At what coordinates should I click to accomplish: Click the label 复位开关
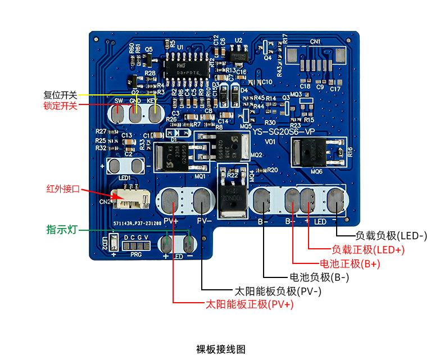point(60,95)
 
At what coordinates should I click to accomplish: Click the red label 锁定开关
point(60,105)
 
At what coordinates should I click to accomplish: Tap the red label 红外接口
point(64,189)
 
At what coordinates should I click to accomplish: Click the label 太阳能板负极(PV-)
point(278,291)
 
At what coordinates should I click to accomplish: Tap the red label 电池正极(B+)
point(350,263)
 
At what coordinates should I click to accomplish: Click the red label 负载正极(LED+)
point(368,249)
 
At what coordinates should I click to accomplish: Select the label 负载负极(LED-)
point(392,236)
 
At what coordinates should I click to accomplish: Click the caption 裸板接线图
point(221,349)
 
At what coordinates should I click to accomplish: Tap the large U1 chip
point(184,66)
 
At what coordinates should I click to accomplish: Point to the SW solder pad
point(119,115)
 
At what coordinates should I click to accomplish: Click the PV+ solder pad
point(171,201)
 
